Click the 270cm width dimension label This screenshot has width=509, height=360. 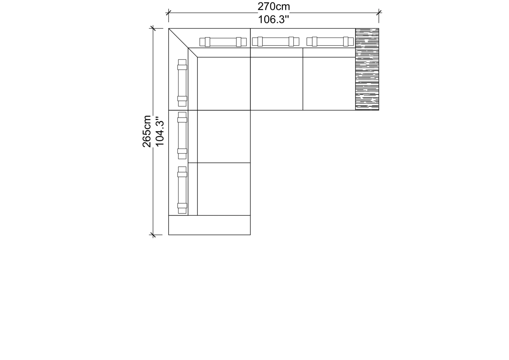click(x=273, y=7)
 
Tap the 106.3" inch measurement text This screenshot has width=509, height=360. click(x=273, y=20)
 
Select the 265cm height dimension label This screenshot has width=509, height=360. click(x=147, y=131)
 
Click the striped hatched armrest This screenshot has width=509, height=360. click(x=367, y=69)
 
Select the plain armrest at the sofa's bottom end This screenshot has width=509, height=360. click(x=209, y=225)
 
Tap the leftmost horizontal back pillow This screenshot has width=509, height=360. click(x=223, y=42)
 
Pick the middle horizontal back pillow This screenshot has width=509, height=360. click(x=275, y=42)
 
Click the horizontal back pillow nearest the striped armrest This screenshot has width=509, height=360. click(x=330, y=42)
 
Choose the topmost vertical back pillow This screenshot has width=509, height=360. click(x=182, y=83)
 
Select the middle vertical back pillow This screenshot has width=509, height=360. click(x=182, y=136)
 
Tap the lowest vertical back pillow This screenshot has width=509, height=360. click(x=182, y=190)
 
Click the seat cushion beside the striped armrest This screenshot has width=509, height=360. click(x=329, y=84)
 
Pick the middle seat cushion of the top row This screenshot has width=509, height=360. click(x=276, y=84)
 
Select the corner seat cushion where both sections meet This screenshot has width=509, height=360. click(x=224, y=84)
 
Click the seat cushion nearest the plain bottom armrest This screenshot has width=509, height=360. click(x=224, y=189)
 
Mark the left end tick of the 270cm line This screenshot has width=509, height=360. click(x=168, y=13)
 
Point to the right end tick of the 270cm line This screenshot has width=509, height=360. click(x=379, y=13)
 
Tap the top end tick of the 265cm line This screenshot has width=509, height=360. click(x=153, y=28)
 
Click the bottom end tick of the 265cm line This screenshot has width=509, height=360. click(x=153, y=235)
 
